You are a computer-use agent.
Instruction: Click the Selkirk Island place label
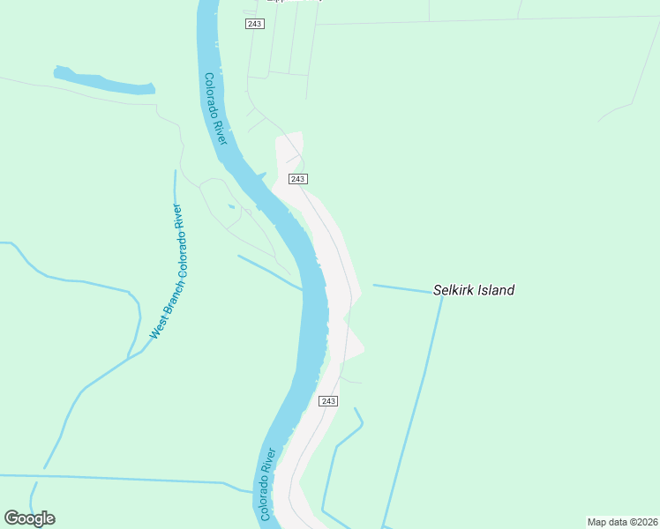(x=473, y=289)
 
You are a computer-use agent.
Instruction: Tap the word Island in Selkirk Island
(x=495, y=289)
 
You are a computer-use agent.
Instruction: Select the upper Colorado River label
(x=216, y=109)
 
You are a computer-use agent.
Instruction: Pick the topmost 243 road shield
(x=254, y=24)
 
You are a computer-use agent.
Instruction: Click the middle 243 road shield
(x=297, y=179)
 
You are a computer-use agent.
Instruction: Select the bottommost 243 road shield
(x=327, y=401)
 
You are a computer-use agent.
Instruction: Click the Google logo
(x=29, y=518)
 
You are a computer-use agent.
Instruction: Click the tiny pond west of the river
(x=230, y=206)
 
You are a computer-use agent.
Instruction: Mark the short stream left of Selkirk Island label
(x=401, y=287)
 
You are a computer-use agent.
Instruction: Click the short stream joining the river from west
(x=269, y=272)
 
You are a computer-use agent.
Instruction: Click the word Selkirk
(x=452, y=289)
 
